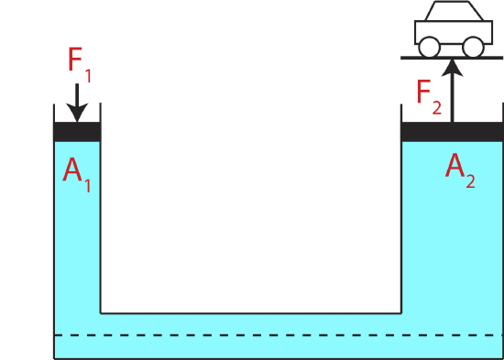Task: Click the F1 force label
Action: (x=80, y=62)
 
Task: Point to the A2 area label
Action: (x=459, y=169)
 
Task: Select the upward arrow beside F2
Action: (x=453, y=92)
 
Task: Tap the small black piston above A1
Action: (x=77, y=131)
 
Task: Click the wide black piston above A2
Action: (x=452, y=131)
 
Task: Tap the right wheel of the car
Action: (x=473, y=46)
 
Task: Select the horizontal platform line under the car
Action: (x=452, y=57)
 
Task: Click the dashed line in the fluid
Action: (x=275, y=335)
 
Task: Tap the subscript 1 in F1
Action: (x=89, y=73)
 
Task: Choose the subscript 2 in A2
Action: (x=470, y=180)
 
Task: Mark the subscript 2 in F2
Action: (x=438, y=106)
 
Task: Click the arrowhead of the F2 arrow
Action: (x=453, y=66)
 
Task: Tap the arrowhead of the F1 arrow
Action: (x=77, y=115)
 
